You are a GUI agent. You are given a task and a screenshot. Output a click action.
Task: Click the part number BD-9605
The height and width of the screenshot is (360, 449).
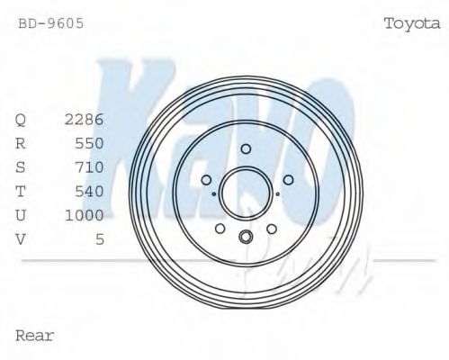51,23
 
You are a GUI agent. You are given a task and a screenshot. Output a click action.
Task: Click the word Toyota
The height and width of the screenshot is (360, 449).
411,23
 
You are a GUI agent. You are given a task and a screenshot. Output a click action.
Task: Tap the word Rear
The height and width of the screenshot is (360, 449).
35,336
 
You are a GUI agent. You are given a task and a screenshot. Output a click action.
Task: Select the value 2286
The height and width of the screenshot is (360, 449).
85,119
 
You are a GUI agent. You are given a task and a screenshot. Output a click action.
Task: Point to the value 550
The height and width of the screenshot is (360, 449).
90,143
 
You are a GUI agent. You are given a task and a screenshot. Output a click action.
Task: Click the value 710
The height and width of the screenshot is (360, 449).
90,166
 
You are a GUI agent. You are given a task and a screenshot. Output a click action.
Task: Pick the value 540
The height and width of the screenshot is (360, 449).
90,191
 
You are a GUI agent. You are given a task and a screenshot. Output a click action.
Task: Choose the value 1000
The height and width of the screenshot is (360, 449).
85,215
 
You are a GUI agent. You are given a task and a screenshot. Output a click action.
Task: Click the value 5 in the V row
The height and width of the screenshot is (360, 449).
100,239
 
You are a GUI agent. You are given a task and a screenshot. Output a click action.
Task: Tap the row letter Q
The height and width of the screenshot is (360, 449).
21,119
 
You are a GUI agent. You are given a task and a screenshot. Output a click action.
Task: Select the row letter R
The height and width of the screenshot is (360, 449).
21,143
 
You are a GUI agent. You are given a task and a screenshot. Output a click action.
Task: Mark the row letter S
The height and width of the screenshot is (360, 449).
21,166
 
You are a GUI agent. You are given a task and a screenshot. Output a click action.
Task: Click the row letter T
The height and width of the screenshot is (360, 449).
21,191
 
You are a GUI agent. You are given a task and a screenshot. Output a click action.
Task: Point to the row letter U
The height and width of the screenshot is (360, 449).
21,215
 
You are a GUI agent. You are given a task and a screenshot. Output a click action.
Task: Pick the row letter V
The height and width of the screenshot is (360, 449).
21,239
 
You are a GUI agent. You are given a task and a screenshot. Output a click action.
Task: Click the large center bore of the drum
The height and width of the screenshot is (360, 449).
246,192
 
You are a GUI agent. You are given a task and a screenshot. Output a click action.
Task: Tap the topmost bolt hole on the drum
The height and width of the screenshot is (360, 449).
246,148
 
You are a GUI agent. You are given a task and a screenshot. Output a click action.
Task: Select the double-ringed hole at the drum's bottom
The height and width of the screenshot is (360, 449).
246,237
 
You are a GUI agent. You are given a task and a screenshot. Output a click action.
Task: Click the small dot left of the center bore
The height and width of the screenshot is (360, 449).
213,193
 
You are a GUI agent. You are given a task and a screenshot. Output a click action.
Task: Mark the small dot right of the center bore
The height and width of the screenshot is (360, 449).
278,193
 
